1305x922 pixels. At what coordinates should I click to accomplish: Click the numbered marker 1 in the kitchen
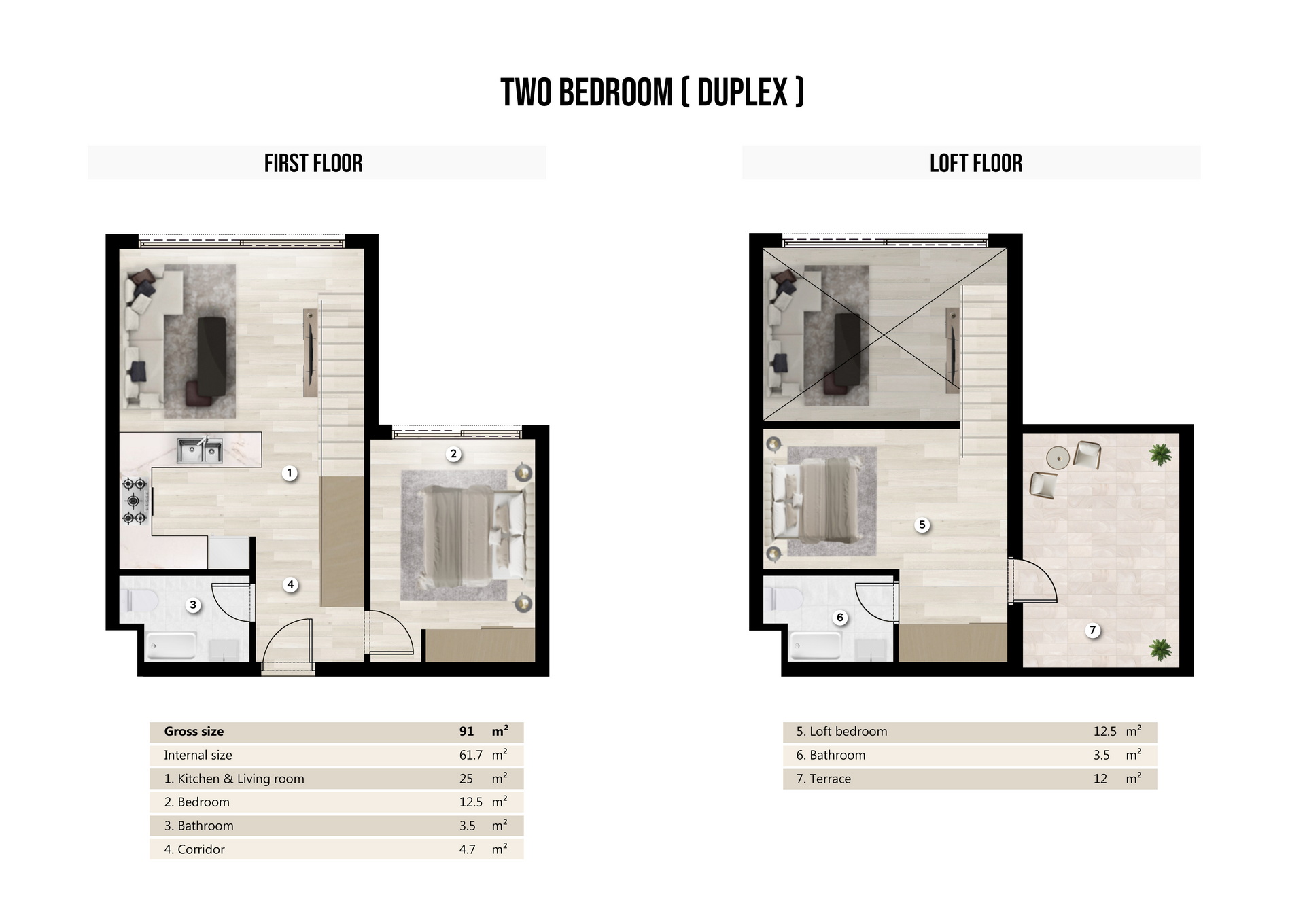coord(290,473)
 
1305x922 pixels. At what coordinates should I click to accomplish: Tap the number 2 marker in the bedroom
coord(453,454)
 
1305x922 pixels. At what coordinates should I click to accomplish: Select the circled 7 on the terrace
coord(1092,630)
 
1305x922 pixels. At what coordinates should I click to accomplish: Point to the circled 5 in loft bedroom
coord(922,525)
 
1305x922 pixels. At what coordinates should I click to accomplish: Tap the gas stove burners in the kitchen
coord(135,501)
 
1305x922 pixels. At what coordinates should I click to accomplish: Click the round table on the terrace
coord(1058,458)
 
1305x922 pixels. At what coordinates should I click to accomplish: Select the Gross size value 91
coord(466,732)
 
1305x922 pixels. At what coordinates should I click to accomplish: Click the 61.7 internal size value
coord(470,755)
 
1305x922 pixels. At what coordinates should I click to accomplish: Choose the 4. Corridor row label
coord(194,849)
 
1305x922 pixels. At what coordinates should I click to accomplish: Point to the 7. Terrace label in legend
coord(823,779)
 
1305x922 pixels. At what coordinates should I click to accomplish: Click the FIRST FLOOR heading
coord(313,163)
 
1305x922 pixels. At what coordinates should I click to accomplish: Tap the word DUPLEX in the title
coord(742,93)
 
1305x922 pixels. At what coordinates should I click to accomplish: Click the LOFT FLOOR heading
coord(975,163)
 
